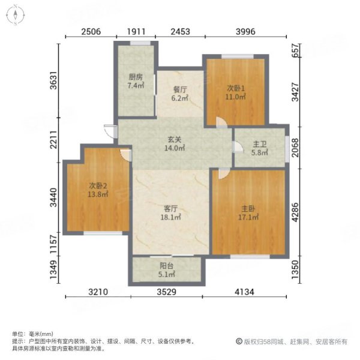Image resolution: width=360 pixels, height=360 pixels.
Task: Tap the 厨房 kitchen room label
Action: (x=136, y=82)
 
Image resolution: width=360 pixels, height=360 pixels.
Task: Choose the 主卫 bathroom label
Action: (x=259, y=148)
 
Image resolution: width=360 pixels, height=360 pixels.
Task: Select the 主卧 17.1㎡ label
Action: (x=248, y=213)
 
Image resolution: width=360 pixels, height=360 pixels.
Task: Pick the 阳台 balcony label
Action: (x=168, y=271)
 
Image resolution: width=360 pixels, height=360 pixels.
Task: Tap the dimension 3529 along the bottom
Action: (x=167, y=293)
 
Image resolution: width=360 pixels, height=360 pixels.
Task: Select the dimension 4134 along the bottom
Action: (x=248, y=293)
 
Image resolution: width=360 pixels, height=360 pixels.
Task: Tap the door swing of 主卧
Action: (x=221, y=173)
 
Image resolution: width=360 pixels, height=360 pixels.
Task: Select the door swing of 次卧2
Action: (x=125, y=154)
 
